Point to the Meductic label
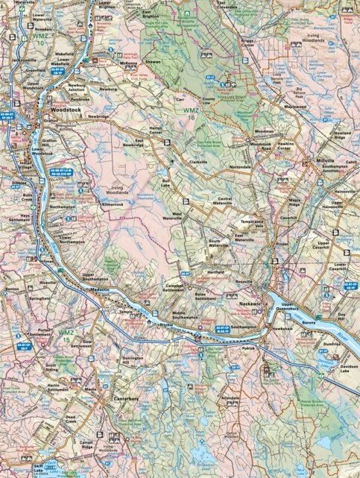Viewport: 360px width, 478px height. (x=100, y=289)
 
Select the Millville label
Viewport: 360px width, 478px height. (x=325, y=160)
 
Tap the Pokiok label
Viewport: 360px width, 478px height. (x=248, y=348)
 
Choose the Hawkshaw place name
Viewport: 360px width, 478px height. (x=282, y=329)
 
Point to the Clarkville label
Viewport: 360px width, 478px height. (x=198, y=161)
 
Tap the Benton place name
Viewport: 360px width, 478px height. (x=11, y=288)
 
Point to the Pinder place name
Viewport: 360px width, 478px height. (x=282, y=243)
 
